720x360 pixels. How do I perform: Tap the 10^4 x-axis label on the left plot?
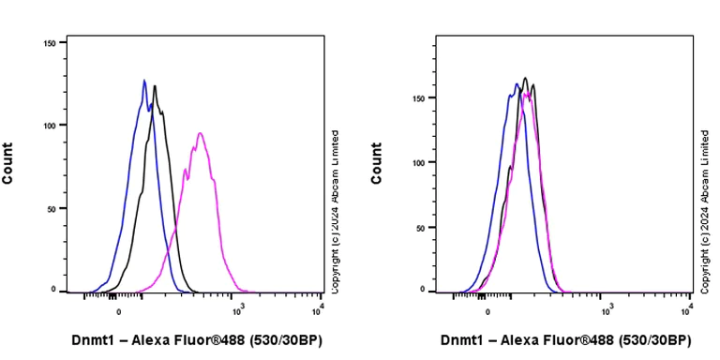point(321,307)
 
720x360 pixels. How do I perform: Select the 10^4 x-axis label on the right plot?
point(690,307)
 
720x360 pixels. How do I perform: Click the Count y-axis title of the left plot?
point(8,163)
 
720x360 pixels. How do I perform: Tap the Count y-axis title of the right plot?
point(377,163)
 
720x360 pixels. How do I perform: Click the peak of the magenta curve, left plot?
point(201,133)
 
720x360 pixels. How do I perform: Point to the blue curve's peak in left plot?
point(144,81)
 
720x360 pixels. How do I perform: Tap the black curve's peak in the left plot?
point(155,86)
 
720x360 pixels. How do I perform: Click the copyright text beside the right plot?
point(704,211)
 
